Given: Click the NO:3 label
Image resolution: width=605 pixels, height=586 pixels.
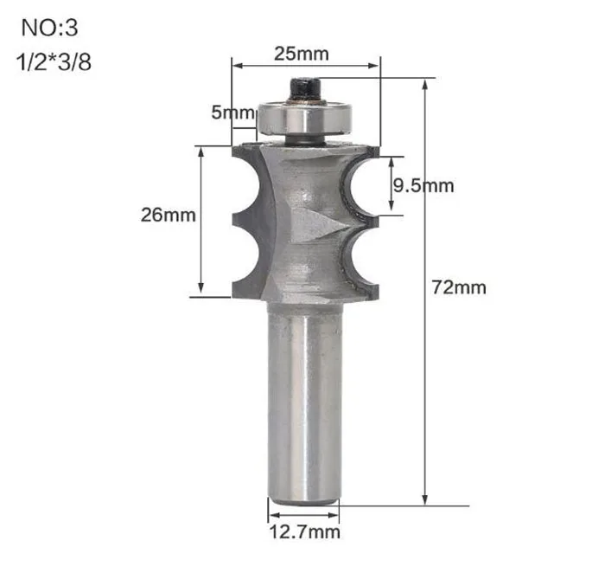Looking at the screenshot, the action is [x=49, y=28].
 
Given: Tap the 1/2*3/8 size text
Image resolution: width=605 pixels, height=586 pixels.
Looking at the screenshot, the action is [x=54, y=61].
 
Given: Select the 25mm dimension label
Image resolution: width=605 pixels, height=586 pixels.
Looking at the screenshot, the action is [x=302, y=54].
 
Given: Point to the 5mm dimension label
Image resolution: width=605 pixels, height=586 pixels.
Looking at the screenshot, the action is [x=233, y=113].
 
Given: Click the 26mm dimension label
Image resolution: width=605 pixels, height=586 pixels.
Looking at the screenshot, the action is [x=169, y=215].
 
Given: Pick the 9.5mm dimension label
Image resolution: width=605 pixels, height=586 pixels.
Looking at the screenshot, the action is [x=423, y=186].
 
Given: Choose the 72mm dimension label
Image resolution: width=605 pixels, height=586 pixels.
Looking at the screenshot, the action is [x=459, y=287].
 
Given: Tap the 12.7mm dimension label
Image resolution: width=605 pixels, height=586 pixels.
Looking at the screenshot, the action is [x=304, y=531].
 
